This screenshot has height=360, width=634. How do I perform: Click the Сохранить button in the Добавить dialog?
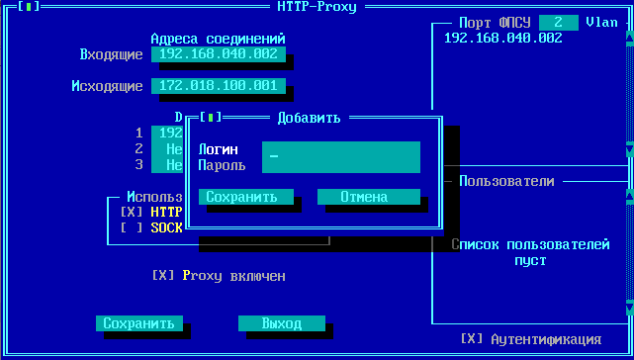point(246,197)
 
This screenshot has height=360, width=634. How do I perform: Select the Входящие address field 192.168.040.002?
point(218,54)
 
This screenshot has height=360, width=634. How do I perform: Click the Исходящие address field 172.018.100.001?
point(218,86)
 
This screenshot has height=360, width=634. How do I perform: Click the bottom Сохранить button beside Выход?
point(139,323)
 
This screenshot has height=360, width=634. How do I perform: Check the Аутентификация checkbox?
point(474,338)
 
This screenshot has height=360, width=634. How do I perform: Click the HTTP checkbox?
point(132,212)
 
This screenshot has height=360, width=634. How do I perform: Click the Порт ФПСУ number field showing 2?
point(559,22)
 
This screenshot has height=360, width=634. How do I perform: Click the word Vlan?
point(601,22)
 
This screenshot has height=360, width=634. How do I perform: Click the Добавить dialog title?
point(309,118)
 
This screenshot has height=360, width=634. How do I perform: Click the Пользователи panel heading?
point(505,181)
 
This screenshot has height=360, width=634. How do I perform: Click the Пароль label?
point(223,164)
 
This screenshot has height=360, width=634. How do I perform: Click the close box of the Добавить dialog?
point(210,118)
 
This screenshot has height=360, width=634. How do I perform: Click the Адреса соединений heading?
point(225,39)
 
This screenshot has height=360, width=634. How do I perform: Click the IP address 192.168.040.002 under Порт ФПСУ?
point(503,38)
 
